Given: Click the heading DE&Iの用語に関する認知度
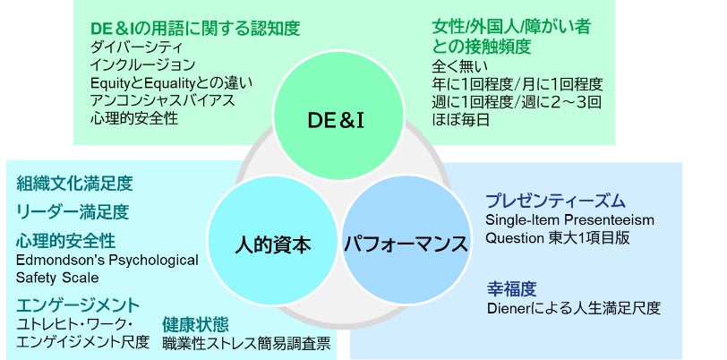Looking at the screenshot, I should coord(194,28).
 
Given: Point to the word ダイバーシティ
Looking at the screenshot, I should coord(137,47).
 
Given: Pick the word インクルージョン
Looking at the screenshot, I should coord(142,64).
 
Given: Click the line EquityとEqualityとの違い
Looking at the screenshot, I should coord(171,82).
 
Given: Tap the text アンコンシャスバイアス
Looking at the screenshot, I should coord(162,100).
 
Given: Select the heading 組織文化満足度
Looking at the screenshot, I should coord(74,184).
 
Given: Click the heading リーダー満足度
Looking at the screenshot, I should coord(73,212).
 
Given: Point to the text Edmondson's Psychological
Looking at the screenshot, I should coord(107,260).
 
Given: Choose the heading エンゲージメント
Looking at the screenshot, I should coord(78,304).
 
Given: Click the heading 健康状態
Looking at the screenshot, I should coord(195,323).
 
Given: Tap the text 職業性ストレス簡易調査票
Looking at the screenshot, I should coord(246,342).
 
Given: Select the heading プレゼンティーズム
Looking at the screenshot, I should coord(555,201).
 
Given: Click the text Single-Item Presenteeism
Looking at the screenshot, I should coord(569,220).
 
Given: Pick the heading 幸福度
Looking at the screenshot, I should coord(511,288).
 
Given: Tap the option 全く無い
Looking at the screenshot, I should coord(459,66).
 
